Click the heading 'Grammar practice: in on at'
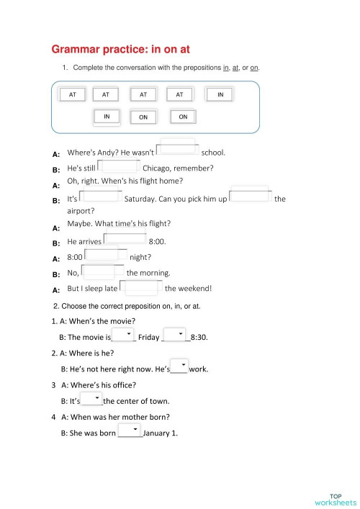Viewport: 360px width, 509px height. [120, 49]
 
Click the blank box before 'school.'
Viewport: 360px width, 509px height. [177, 150]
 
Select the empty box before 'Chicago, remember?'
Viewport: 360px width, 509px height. [119, 167]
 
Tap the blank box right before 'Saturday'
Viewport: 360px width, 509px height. [101, 196]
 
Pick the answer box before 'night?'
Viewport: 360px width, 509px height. [106, 255]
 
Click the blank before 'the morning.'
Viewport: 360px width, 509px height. [103, 271]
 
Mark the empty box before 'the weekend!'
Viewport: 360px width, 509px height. [142, 287]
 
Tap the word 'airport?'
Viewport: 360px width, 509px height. [81, 211]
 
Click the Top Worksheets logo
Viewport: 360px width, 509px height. [336, 498]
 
